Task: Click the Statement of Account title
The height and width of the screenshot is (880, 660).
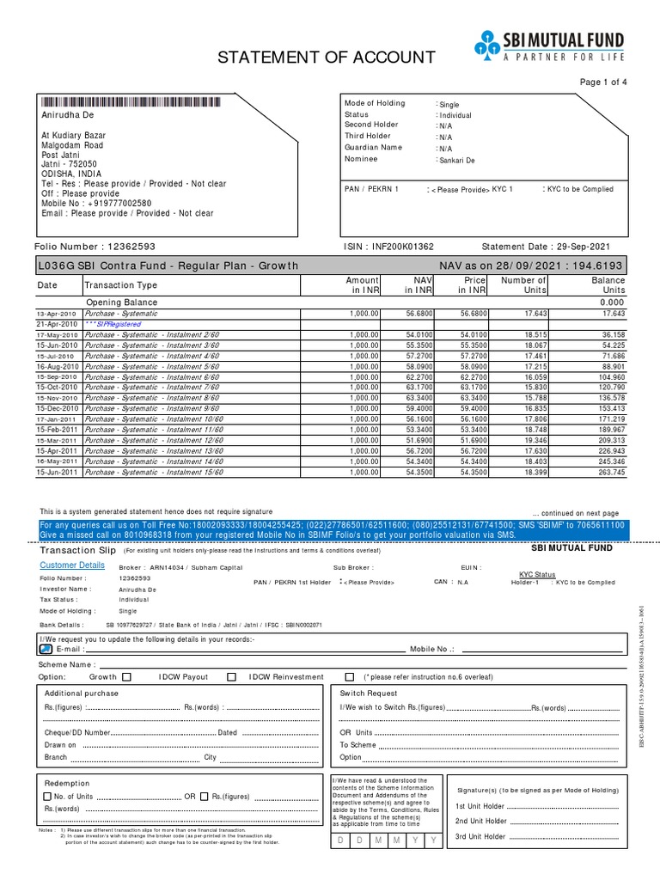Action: click(x=326, y=58)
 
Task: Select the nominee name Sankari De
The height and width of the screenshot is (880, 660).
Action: click(x=456, y=160)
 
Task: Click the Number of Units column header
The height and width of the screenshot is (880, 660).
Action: click(x=523, y=285)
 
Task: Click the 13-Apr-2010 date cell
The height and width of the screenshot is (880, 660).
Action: click(x=57, y=315)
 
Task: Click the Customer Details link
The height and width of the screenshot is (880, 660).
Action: click(x=73, y=565)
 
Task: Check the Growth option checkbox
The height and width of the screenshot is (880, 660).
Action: click(x=127, y=677)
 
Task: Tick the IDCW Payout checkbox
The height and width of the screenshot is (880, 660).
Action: click(x=231, y=677)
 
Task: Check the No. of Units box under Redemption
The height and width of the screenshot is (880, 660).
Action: click(x=47, y=796)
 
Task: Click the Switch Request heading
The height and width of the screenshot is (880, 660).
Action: click(x=369, y=693)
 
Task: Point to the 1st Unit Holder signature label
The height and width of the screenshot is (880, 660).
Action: click(x=480, y=806)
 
